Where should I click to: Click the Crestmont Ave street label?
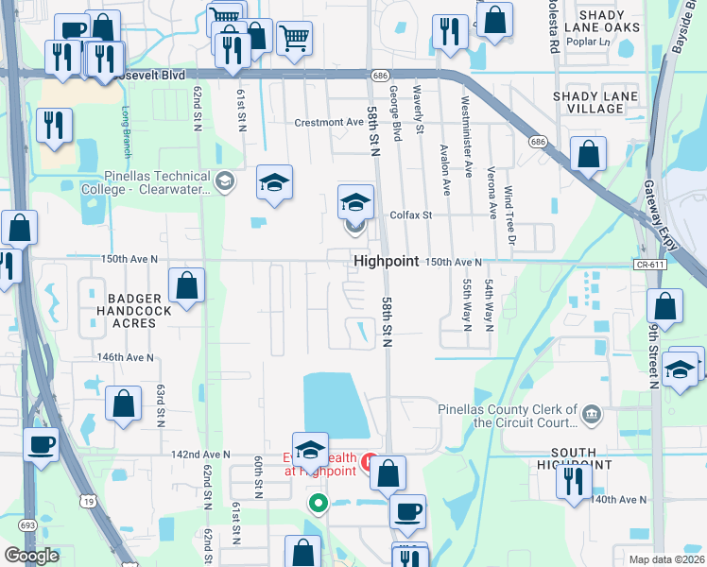coord(329,122)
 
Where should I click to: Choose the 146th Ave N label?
coord(126,357)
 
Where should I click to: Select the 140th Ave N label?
coord(619,499)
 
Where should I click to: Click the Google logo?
coord(32,556)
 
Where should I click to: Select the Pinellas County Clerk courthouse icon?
coord(591,412)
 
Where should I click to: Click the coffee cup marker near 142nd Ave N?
coord(41,443)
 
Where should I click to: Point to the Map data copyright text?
coord(666,558)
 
